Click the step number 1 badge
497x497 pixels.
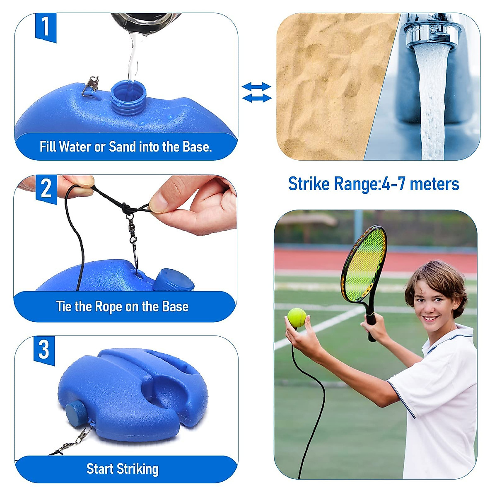pyautogui.click(x=46, y=27)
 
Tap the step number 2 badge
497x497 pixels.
pyautogui.click(x=46, y=189)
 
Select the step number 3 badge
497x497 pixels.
pyautogui.click(x=44, y=350)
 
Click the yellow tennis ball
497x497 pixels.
pyautogui.click(x=297, y=318)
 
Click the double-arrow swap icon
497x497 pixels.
pyautogui.click(x=256, y=92)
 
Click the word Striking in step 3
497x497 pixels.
pyautogui.click(x=138, y=469)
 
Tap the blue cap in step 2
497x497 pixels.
pyautogui.click(x=174, y=280)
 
